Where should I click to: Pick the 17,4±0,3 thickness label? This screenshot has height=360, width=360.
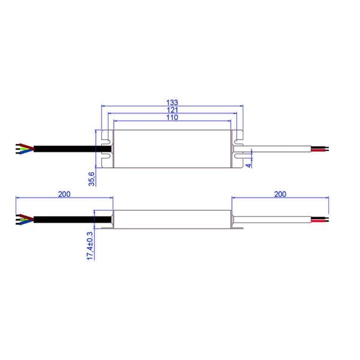coord(91,245)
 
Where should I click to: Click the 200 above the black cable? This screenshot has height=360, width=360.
coord(65,194)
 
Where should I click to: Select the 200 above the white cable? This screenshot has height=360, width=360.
coord(280,194)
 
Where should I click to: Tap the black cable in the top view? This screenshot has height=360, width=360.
coord(66,148)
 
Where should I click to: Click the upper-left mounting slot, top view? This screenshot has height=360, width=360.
coord(107,143)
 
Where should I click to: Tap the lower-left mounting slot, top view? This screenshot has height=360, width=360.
coord(107,157)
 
